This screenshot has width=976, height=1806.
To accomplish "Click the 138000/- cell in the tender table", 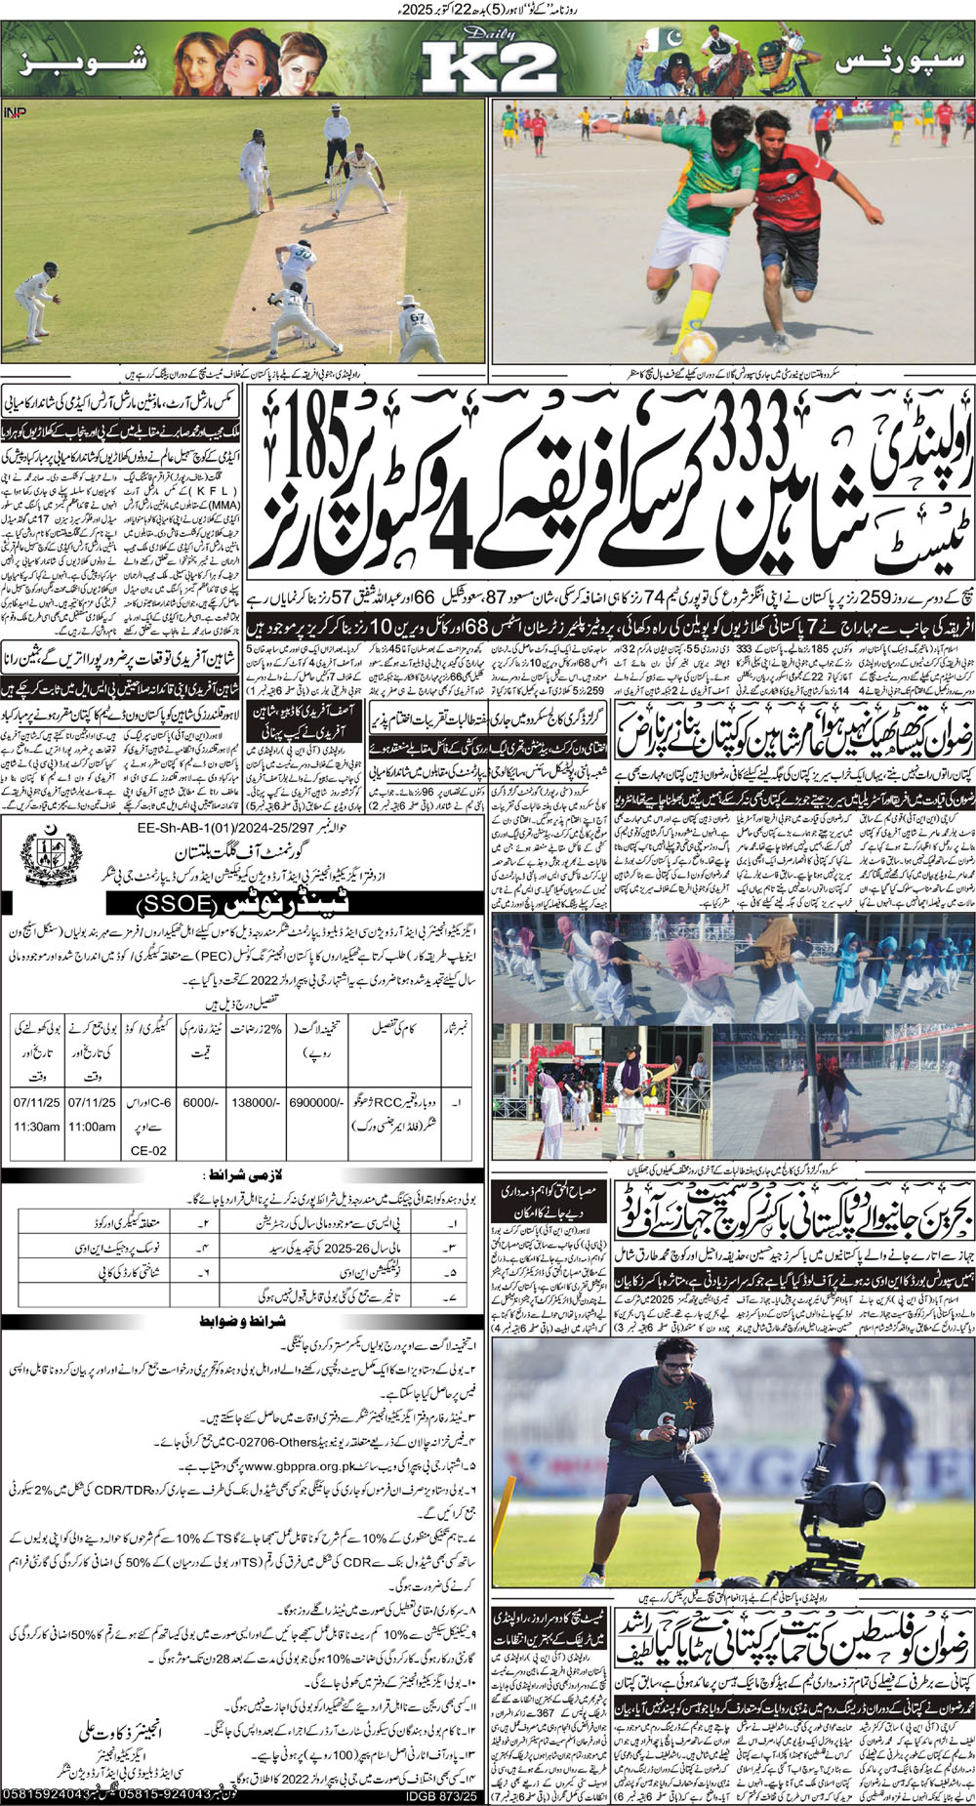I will pyautogui.click(x=253, y=1100).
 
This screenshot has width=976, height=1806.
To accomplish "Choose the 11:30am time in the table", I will pyautogui.click(x=36, y=1126).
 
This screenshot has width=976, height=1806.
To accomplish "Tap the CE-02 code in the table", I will pyautogui.click(x=148, y=1150).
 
